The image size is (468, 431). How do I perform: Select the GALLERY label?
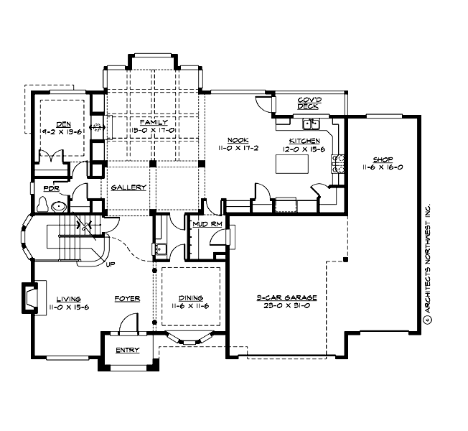129,187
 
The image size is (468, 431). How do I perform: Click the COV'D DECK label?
308,103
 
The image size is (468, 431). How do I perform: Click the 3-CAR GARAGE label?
286,297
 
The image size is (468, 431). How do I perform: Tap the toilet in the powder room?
42,206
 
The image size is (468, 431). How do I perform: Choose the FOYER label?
127,298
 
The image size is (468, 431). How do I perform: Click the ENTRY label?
127,351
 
